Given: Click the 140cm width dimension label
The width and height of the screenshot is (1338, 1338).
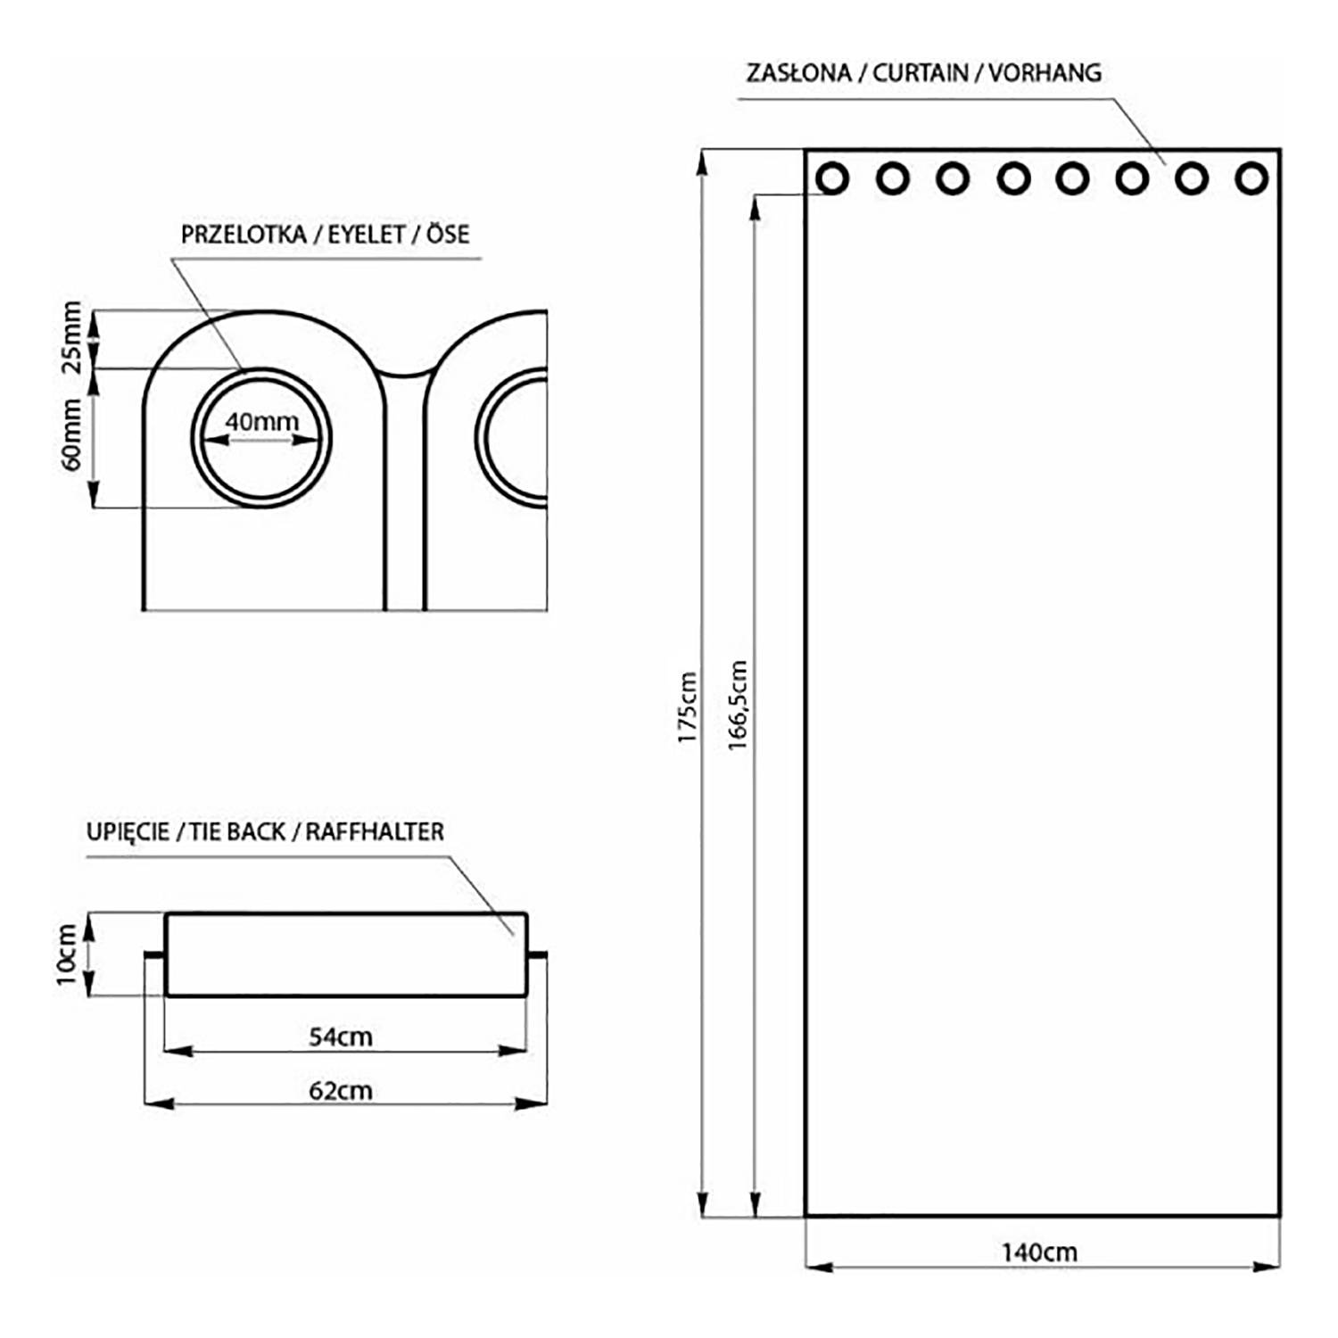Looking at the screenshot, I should [1039, 1252].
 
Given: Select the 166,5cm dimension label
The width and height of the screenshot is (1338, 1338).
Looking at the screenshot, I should [739, 705].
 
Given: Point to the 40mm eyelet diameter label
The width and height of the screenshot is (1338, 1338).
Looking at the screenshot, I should [261, 422].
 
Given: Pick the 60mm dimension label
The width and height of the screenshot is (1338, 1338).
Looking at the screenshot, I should [72, 434].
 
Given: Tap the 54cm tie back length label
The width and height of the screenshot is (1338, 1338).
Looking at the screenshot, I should [340, 1037].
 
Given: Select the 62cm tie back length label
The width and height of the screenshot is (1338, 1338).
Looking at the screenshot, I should [340, 1090].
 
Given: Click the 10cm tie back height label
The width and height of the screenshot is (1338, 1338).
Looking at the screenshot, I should [68, 954].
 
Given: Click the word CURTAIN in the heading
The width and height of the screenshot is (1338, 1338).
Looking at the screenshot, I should [920, 73].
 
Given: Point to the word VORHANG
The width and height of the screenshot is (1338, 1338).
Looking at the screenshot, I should [1045, 73].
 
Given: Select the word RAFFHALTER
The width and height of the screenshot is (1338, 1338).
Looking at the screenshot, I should [375, 832].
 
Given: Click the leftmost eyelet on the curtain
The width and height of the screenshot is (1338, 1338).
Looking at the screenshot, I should [832, 178].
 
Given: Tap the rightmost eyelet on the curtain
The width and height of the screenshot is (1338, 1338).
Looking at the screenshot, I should [1251, 178].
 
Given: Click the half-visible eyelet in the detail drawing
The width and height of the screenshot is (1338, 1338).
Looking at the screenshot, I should [515, 437].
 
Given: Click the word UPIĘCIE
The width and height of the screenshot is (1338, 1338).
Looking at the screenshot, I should [128, 832].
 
